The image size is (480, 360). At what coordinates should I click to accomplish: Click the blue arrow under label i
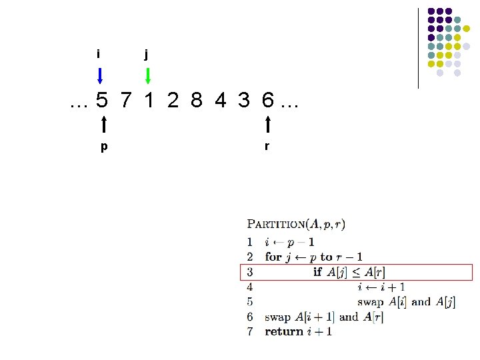pos(100,75)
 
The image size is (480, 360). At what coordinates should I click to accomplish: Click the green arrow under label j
pos(148,75)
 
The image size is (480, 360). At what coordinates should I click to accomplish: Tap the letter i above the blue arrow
pos(99,53)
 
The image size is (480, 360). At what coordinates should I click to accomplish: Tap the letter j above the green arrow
pos(147,54)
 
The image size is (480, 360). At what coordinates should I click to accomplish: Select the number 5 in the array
pos(101,101)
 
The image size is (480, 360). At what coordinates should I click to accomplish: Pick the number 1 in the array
pos(149,101)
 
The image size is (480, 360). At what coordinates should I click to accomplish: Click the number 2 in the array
pos(173,101)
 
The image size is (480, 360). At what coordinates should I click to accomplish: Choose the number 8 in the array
pos(196,101)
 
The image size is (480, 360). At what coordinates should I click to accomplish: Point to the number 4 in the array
pos(220,101)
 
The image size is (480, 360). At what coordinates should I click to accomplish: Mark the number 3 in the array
pos(244,101)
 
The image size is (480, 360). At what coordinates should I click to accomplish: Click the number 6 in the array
pos(267,101)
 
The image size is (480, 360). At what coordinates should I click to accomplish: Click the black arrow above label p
pos(104,125)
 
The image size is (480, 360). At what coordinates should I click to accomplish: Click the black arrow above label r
pos(267,125)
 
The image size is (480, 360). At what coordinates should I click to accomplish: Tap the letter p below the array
pos(103,147)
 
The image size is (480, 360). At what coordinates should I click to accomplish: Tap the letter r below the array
pos(267,146)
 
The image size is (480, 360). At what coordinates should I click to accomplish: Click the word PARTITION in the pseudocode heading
pos(276,225)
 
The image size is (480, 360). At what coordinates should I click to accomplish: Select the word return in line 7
pos(285,331)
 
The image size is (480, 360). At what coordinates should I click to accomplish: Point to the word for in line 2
pos(273,257)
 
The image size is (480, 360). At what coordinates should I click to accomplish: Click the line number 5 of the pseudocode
pos(250,301)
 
